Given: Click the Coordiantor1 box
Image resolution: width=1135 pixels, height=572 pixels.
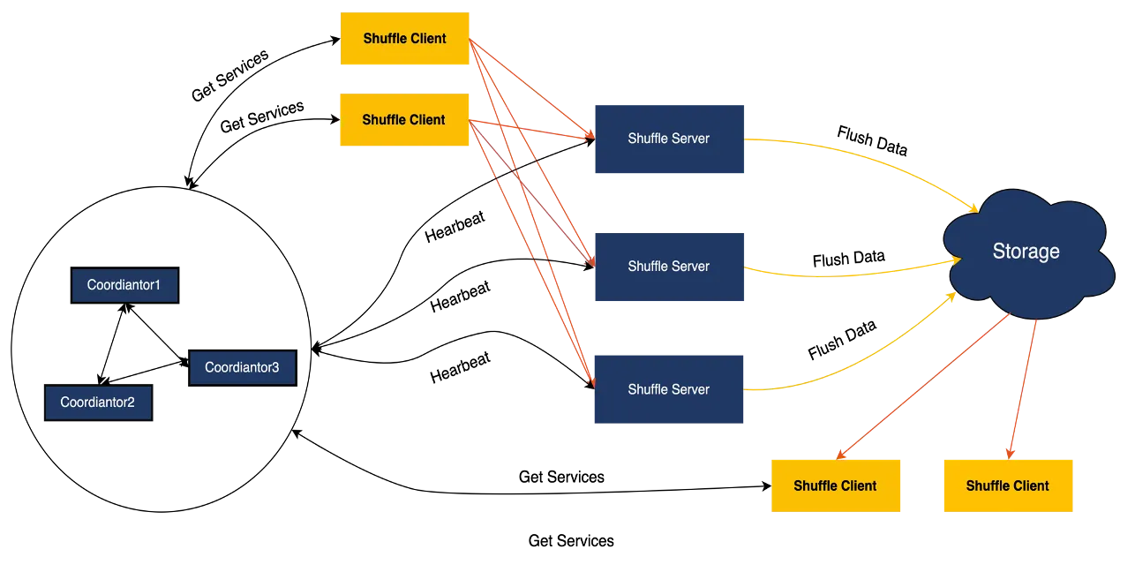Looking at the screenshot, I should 124,286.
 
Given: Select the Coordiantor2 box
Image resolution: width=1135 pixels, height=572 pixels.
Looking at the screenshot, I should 98,403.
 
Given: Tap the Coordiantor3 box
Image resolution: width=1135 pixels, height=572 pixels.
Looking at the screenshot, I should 242,367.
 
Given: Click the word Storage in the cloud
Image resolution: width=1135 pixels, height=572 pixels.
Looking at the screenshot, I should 1026,252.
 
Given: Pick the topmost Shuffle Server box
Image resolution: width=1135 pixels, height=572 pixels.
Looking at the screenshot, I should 670,139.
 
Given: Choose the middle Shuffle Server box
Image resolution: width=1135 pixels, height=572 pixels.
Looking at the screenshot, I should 670,267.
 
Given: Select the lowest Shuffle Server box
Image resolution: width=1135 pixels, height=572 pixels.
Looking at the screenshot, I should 670,389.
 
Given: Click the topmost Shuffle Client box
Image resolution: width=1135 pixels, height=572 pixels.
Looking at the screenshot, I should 405,39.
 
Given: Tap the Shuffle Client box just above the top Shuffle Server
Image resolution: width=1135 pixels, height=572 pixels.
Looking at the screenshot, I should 405,120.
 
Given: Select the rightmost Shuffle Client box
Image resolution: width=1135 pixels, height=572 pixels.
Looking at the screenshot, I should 1007,486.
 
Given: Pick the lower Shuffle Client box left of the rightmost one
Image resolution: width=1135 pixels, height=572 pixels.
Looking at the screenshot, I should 836,486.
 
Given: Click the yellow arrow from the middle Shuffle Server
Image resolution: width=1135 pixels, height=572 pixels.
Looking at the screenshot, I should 847,275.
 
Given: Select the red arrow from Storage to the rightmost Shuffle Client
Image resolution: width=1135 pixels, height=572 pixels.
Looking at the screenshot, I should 1021,388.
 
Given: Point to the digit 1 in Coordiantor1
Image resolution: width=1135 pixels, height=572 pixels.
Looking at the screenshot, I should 158,286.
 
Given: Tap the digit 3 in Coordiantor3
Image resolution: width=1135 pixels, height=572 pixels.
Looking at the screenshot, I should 275,367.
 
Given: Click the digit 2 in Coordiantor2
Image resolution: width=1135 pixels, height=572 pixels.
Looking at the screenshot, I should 132,403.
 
